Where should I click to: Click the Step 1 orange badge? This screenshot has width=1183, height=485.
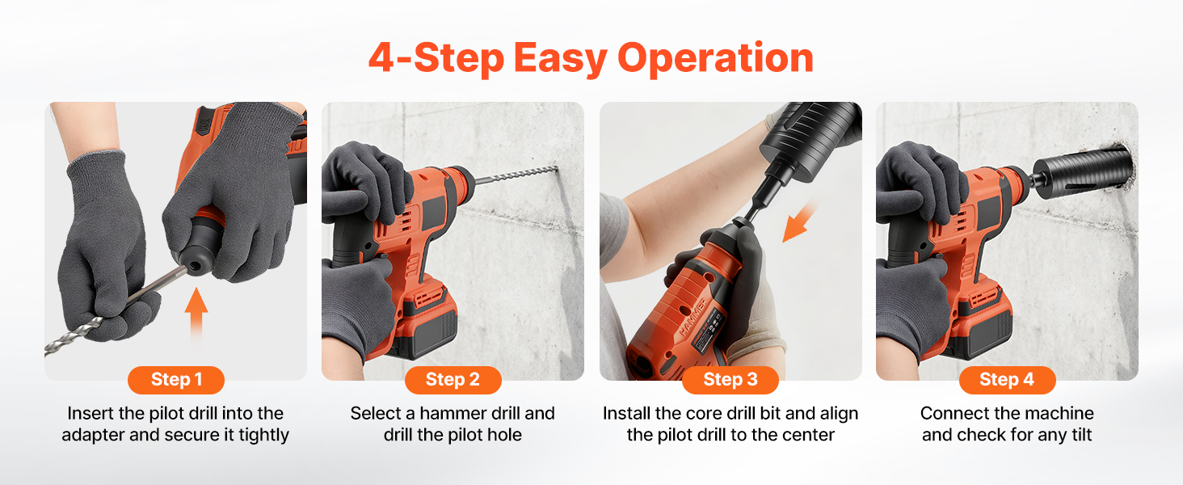pos(176,380)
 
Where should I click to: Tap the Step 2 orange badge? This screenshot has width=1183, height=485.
pos(453,380)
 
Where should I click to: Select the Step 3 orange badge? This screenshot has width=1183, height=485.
pos(730,380)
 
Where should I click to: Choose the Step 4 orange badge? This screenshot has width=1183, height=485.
pos(1007,380)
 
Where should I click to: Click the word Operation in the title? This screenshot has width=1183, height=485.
pos(715,59)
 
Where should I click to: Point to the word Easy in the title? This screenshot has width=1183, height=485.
pos(560,59)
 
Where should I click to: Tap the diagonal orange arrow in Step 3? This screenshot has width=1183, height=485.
pos(798,222)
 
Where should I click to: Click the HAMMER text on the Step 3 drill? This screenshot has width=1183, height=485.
pos(693,317)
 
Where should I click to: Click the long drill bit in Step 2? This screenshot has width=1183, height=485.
pos(516,175)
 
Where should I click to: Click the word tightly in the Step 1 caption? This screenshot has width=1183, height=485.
pos(263,436)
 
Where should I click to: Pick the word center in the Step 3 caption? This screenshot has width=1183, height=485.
pos(809,436)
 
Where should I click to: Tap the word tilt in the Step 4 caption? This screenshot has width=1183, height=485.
pos(1078,435)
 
